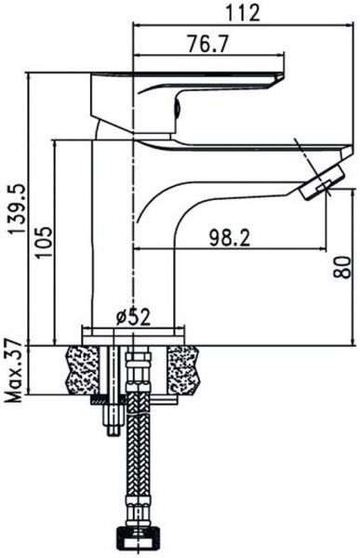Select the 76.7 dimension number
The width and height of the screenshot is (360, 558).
coord(207,44)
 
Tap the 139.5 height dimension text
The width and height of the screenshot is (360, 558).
coord(17,208)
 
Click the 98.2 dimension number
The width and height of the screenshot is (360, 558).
coord(230,238)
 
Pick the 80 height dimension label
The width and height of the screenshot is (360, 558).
coord(342,267)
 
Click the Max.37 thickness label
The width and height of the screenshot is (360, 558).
coord(14,370)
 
